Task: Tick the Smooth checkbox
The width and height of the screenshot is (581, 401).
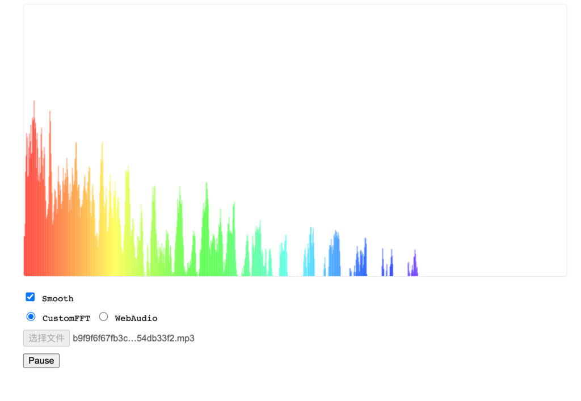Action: tap(31, 297)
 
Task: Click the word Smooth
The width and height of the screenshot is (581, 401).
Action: tap(57, 298)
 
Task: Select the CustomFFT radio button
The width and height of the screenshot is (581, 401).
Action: tap(31, 317)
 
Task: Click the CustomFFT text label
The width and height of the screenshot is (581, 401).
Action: tap(66, 318)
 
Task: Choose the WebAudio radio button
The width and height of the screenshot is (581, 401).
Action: tap(103, 317)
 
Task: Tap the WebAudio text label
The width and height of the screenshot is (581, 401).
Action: tap(136, 318)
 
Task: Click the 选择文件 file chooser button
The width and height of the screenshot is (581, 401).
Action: tap(47, 339)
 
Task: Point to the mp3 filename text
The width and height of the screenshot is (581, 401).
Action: tap(133, 339)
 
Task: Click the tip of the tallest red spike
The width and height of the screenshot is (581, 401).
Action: tap(34, 101)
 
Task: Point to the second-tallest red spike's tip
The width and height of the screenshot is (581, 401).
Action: tap(50, 111)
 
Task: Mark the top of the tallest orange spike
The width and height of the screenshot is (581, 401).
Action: tap(77, 142)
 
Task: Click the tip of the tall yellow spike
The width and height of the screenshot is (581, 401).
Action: tap(102, 142)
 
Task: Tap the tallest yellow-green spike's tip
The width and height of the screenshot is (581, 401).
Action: tap(128, 166)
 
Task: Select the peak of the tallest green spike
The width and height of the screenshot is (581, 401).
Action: tap(207, 183)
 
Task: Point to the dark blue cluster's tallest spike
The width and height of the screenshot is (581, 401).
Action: tap(365, 238)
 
